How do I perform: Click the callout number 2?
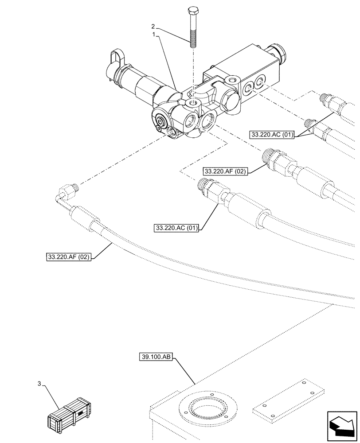click(x=153, y=26)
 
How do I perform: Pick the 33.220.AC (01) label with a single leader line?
click(x=176, y=228)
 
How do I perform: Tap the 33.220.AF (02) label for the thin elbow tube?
click(x=68, y=256)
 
